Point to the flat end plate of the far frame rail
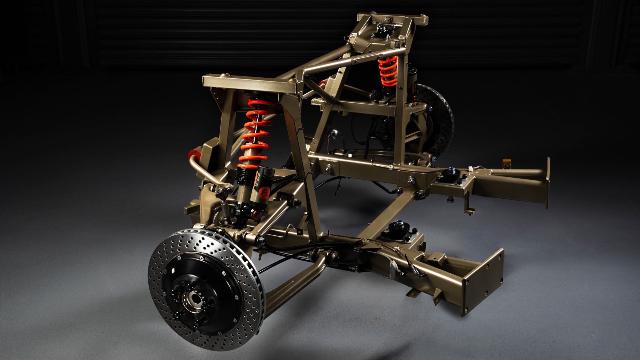point(547,183)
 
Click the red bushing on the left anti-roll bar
point(194,155)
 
